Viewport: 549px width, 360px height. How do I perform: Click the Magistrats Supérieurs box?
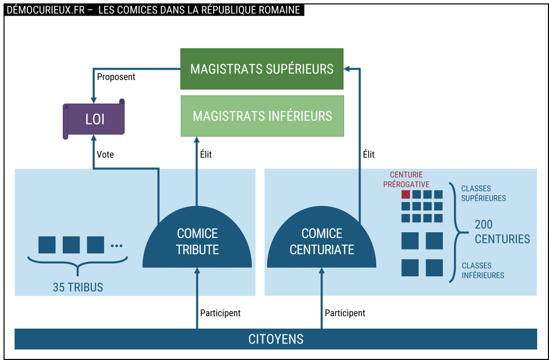(x=262, y=69)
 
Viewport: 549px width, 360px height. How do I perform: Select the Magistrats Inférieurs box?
(x=262, y=116)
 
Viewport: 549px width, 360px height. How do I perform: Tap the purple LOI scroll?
(x=94, y=119)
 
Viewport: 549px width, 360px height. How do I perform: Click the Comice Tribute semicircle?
(x=197, y=241)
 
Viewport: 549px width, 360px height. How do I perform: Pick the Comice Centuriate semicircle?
(x=322, y=241)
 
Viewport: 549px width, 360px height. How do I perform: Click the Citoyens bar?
(x=276, y=339)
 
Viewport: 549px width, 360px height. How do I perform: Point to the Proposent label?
(x=116, y=77)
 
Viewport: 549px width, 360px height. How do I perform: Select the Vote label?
(x=105, y=155)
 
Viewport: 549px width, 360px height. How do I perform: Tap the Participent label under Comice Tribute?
(x=220, y=313)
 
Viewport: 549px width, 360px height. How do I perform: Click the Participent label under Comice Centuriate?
(x=345, y=313)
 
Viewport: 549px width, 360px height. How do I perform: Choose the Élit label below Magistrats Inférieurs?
(x=206, y=155)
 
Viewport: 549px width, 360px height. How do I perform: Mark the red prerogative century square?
(x=406, y=194)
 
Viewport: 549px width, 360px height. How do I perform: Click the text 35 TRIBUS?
(x=78, y=288)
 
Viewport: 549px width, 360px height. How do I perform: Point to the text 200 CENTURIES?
(x=502, y=232)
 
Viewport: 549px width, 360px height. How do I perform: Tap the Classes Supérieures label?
(x=484, y=194)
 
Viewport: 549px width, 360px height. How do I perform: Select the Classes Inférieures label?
(x=482, y=270)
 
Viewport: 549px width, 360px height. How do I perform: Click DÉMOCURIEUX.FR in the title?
(x=45, y=10)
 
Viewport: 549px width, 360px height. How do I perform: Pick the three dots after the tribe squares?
(x=116, y=246)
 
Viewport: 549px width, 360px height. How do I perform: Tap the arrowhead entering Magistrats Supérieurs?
(x=347, y=69)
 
